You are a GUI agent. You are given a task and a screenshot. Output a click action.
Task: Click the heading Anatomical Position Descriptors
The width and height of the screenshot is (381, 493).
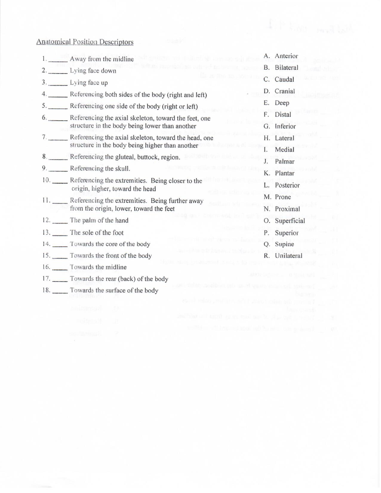pyautogui.click(x=85, y=42)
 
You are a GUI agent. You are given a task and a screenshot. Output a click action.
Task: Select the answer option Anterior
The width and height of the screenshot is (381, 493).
pyautogui.click(x=286, y=56)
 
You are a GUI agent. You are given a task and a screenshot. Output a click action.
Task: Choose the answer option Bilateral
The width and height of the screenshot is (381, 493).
pyautogui.click(x=286, y=68)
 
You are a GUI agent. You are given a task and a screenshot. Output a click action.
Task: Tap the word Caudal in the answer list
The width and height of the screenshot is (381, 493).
pyautogui.click(x=284, y=79)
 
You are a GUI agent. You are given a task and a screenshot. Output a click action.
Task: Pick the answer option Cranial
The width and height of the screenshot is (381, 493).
pyautogui.click(x=285, y=91)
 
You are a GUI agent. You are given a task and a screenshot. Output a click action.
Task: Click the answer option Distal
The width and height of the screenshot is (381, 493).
pyautogui.click(x=283, y=114)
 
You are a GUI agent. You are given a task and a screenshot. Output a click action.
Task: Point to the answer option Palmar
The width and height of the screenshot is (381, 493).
pyautogui.click(x=284, y=161)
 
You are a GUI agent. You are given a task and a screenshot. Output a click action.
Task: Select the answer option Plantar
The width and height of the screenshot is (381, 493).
pyautogui.click(x=284, y=173)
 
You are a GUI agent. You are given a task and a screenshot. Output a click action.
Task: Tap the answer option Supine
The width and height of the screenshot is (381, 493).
pyautogui.click(x=284, y=244)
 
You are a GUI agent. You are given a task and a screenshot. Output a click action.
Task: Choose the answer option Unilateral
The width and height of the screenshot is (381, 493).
pyautogui.click(x=288, y=256)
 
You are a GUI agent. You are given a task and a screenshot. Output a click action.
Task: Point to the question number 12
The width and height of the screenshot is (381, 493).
pyautogui.click(x=46, y=220)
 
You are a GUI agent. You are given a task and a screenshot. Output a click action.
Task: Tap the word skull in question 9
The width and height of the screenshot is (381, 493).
pyautogui.click(x=122, y=169)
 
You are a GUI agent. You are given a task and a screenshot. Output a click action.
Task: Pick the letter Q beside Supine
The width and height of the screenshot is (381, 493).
pyautogui.click(x=267, y=245)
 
